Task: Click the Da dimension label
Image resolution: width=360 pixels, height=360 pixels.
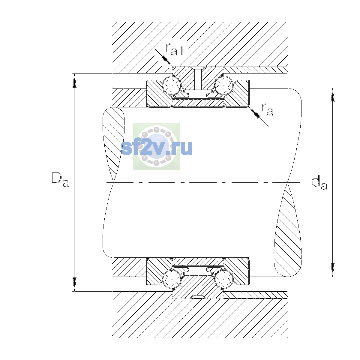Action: tap(60, 179)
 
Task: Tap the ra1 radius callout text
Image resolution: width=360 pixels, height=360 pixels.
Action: tap(174, 49)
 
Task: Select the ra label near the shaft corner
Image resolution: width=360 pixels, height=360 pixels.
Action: tap(267, 109)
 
